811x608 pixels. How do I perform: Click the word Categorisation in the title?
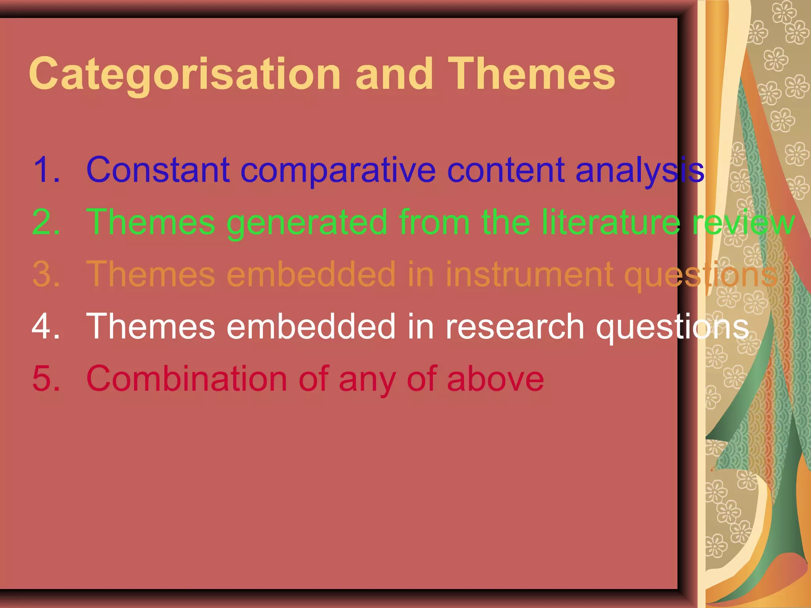click(x=185, y=74)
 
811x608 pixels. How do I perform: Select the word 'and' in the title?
click(x=394, y=74)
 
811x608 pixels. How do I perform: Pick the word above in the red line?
click(x=495, y=379)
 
